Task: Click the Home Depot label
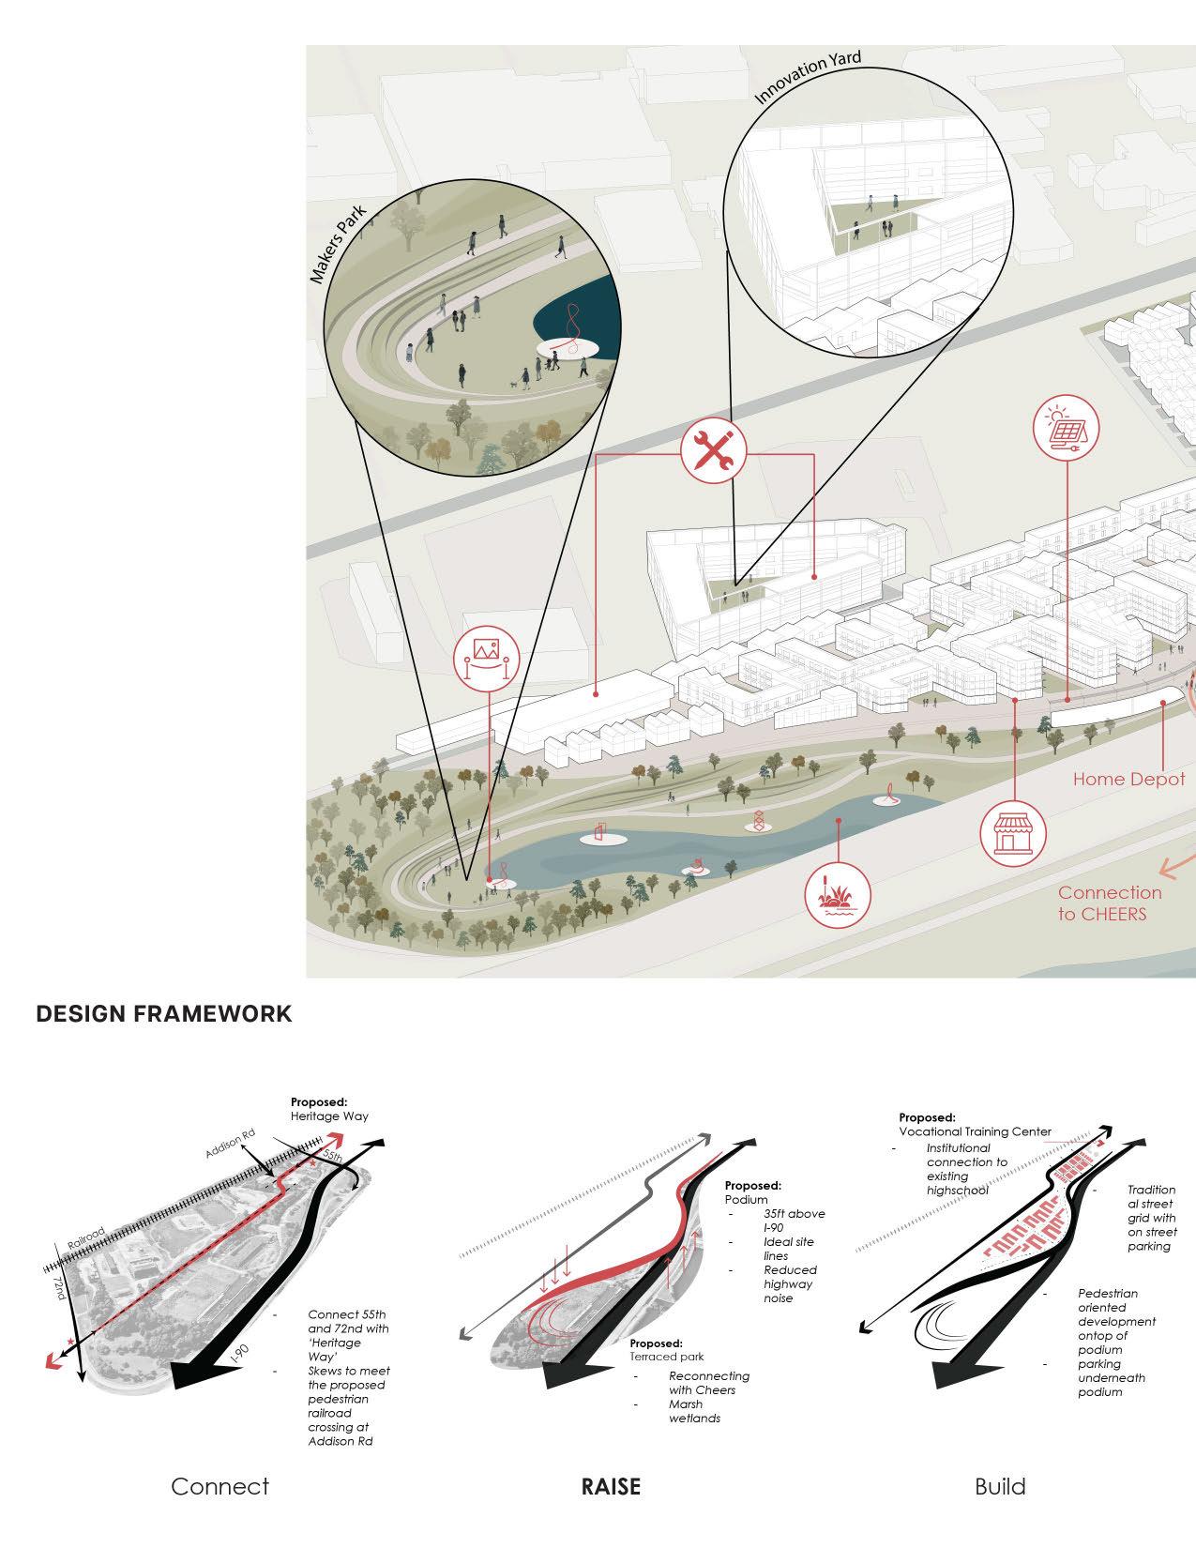tap(1128, 779)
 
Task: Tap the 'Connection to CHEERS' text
tap(1109, 903)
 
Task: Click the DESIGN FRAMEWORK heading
tap(163, 1014)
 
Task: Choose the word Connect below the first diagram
tap(220, 1486)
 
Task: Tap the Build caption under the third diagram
tap(1000, 1486)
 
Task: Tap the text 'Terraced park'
tap(668, 1357)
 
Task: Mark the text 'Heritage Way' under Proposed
tap(329, 1116)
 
